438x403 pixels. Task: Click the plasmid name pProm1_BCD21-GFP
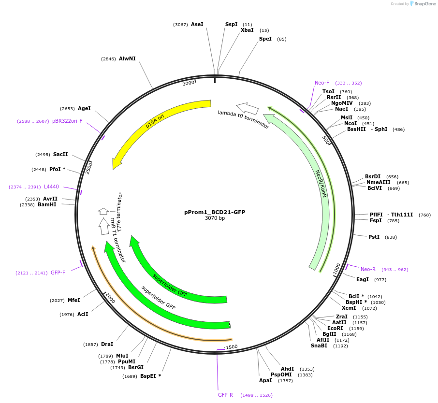pyautogui.click(x=215, y=212)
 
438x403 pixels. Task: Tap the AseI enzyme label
pyautogui.click(x=197, y=24)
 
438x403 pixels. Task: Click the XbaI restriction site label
pyautogui.click(x=247, y=30)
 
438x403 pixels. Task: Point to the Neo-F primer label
pyautogui.click(x=321, y=83)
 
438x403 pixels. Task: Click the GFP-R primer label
pyautogui.click(x=225, y=395)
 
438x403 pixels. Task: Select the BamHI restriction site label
pyautogui.click(x=47, y=205)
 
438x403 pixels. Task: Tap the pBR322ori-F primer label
pyautogui.click(x=67, y=121)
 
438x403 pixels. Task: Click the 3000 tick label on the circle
pyautogui.click(x=189, y=83)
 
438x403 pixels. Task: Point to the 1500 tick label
pyautogui.click(x=232, y=347)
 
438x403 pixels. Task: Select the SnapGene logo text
pyautogui.click(x=424, y=4)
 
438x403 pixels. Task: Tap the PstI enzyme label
pyautogui.click(x=374, y=237)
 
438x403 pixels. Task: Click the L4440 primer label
pyautogui.click(x=51, y=187)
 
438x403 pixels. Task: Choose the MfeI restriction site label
pyautogui.click(x=74, y=301)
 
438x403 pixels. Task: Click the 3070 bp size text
pyautogui.click(x=215, y=218)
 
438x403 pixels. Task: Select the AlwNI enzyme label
pyautogui.click(x=127, y=59)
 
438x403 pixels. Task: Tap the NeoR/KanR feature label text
pyautogui.click(x=321, y=184)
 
